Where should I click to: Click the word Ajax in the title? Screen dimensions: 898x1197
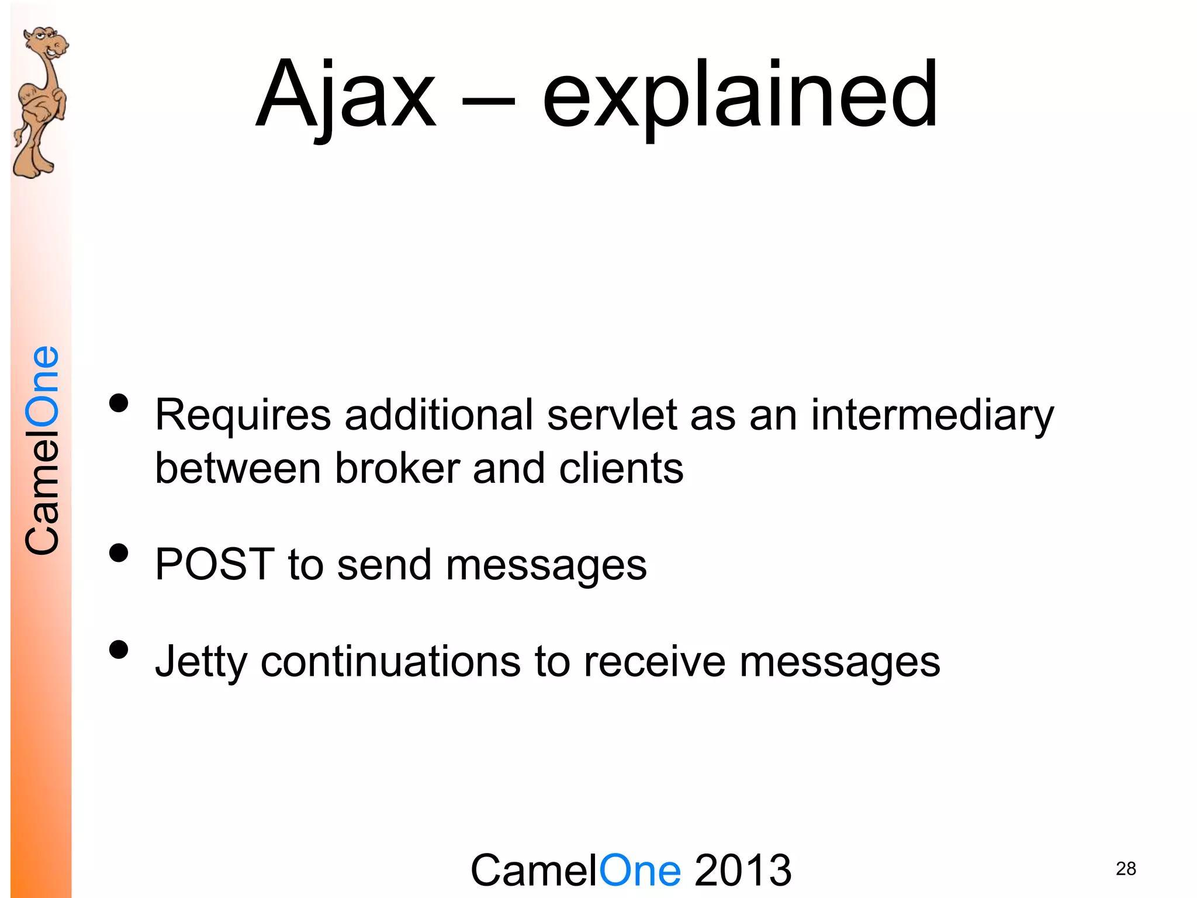tap(346, 96)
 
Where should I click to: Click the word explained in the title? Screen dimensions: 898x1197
tap(740, 96)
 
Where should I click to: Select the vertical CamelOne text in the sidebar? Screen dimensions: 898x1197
tap(42, 450)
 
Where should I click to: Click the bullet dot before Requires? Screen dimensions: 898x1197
tap(119, 403)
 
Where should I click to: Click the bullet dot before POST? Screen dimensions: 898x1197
tap(119, 552)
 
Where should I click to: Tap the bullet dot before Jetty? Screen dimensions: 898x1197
tap(119, 650)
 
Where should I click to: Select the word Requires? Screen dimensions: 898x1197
tap(243, 416)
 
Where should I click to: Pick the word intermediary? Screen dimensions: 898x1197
tap(932, 416)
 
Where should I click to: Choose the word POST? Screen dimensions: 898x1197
tap(215, 565)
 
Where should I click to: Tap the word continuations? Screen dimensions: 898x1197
tap(390, 662)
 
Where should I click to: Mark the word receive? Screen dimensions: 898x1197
tap(655, 662)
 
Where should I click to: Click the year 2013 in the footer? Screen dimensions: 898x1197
tap(743, 871)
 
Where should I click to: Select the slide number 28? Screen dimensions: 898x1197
tap(1126, 869)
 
